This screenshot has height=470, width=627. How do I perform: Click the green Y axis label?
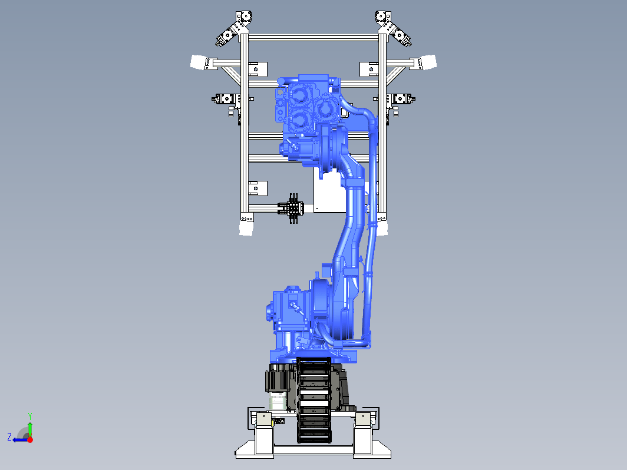pos(30,416)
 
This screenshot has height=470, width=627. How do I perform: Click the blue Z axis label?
pos(9,436)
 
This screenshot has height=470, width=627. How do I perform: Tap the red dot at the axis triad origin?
pos(30,439)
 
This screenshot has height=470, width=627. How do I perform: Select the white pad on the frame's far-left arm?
pos(198,62)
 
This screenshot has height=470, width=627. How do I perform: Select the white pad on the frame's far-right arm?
pos(429,62)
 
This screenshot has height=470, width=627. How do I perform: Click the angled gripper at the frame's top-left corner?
pos(235,28)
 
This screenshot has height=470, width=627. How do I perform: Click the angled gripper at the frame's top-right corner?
pos(392,28)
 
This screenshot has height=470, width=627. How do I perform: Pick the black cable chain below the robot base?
pos(314,401)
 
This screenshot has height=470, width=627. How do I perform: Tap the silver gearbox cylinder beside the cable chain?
pos(278,401)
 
